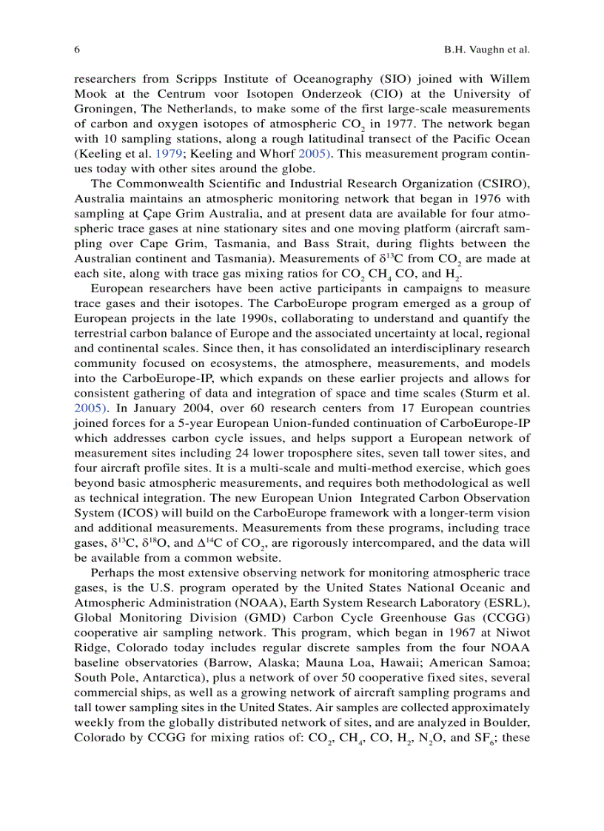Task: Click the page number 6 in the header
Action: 77,50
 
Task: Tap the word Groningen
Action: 102,108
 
